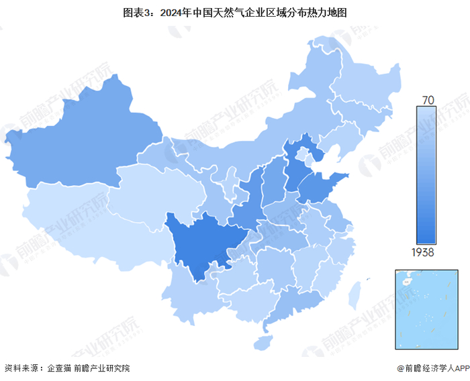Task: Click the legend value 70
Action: (x=427, y=100)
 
